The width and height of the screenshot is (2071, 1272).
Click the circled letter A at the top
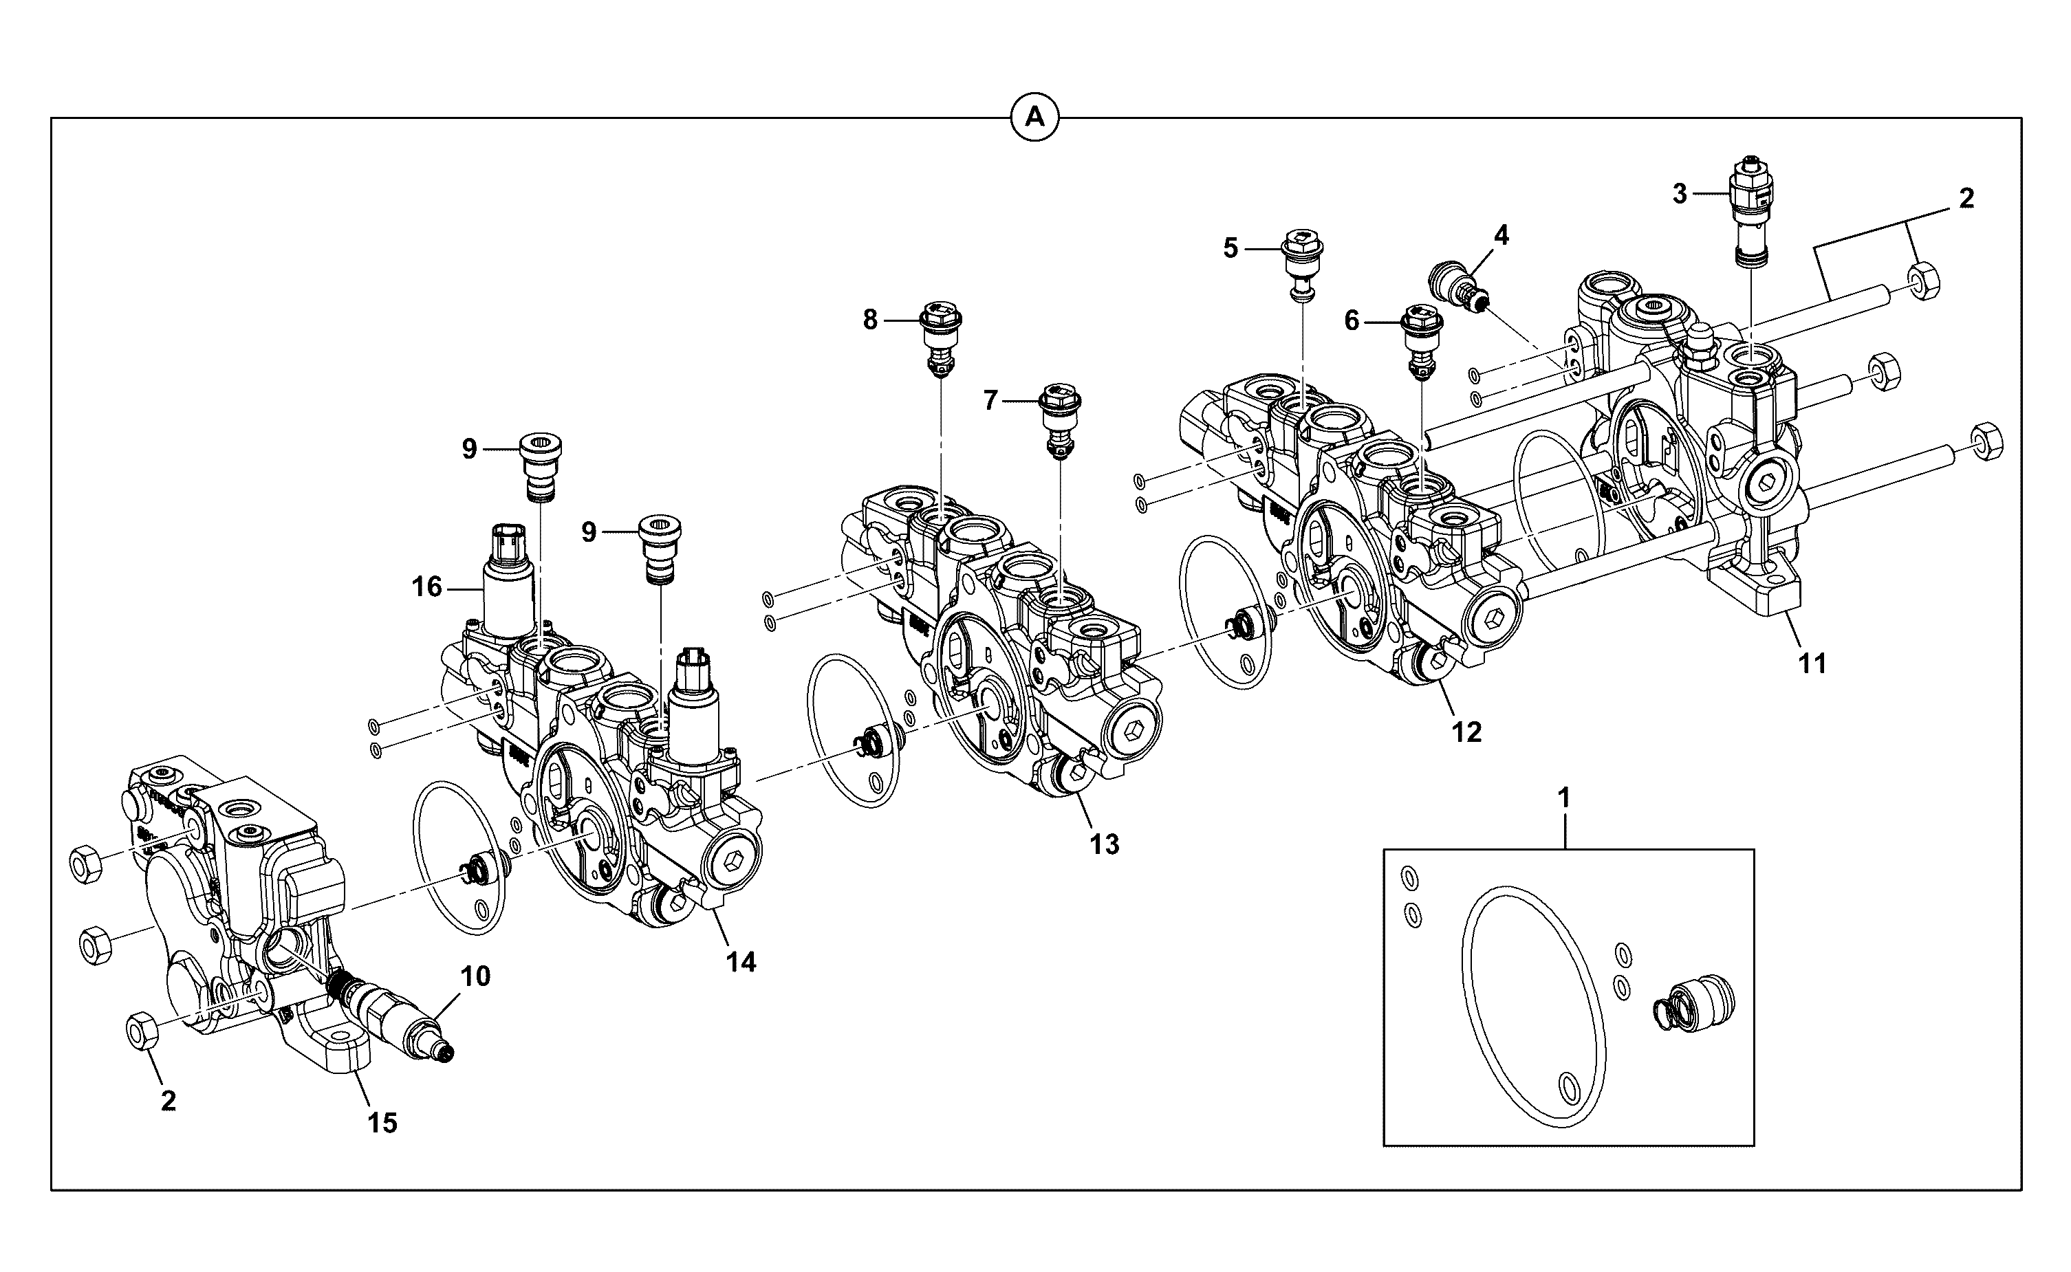[1034, 118]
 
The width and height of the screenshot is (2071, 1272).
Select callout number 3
[1680, 195]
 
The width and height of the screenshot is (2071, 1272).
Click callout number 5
[1230, 248]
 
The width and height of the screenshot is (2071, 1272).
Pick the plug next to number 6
[1420, 343]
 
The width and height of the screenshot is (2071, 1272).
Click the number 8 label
[870, 320]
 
